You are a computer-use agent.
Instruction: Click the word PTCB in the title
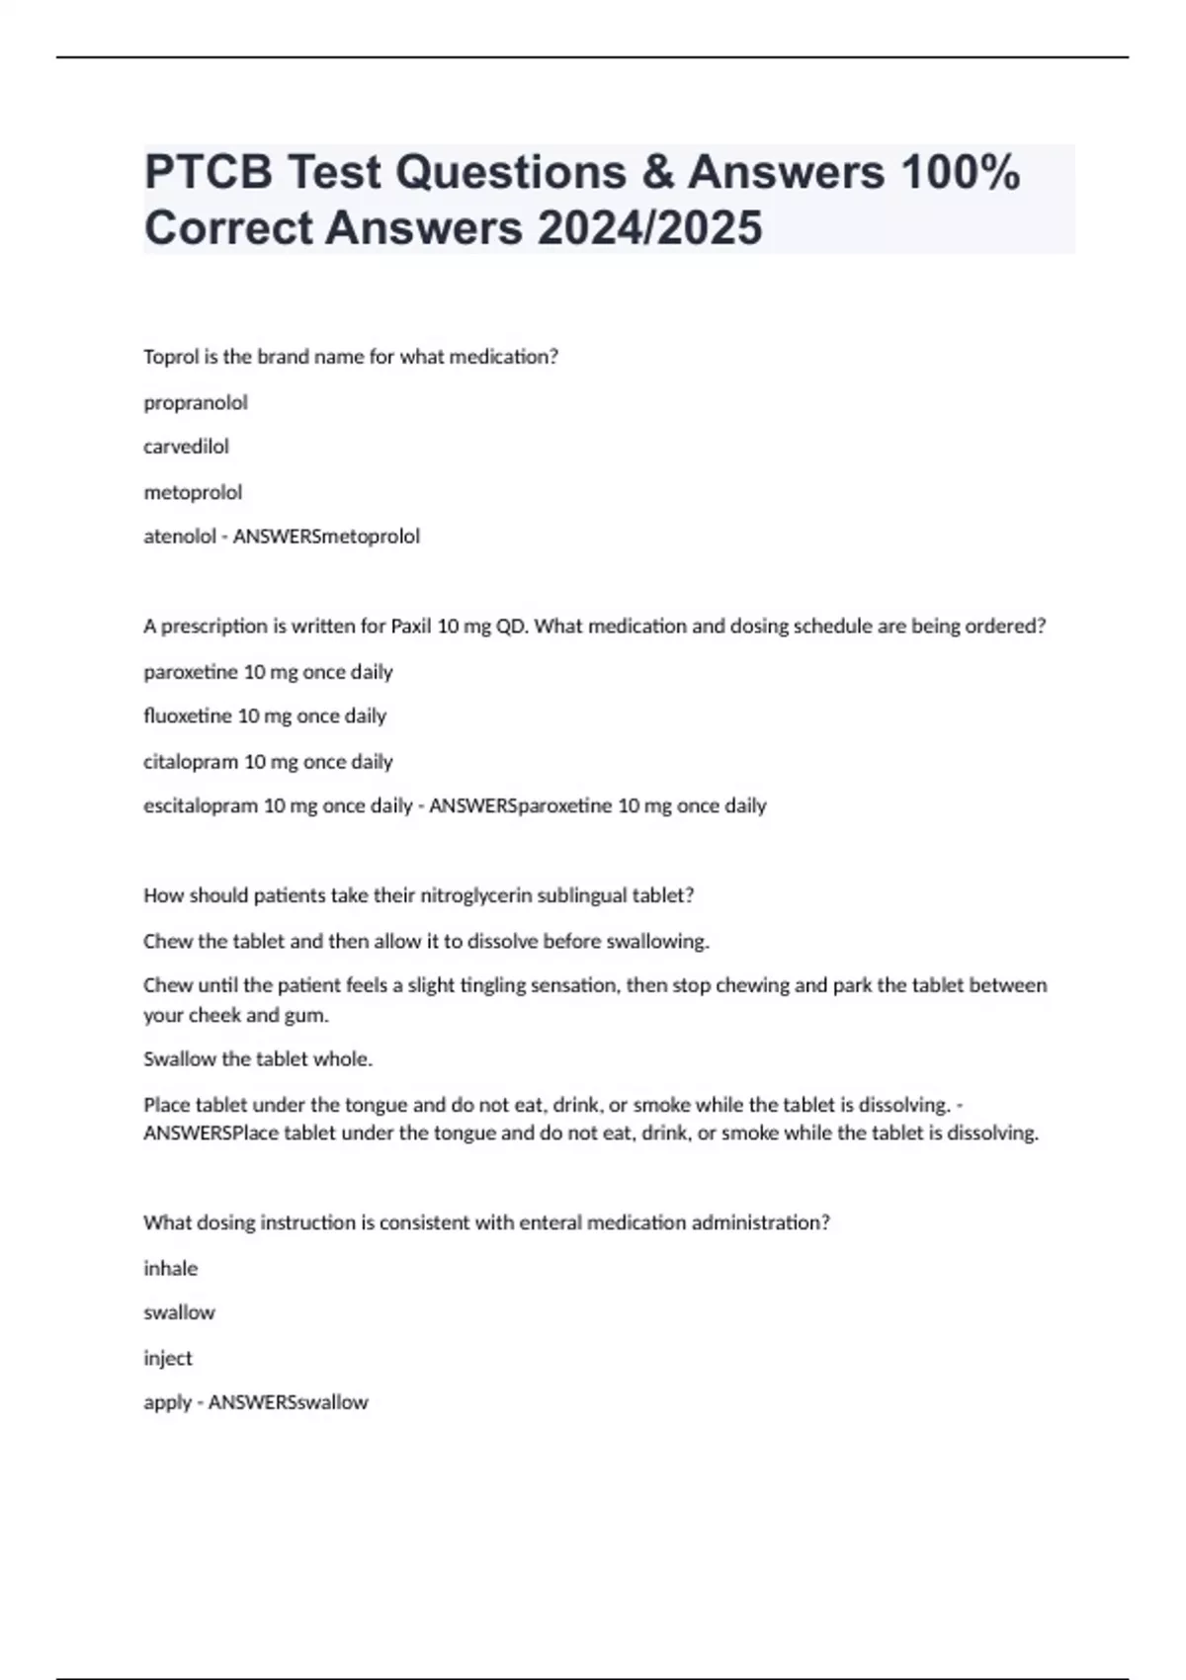coord(207,172)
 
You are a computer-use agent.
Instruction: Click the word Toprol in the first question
coord(171,357)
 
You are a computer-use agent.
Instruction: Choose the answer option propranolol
coord(196,403)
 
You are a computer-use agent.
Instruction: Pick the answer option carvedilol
coord(186,447)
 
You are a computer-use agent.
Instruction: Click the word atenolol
coord(179,537)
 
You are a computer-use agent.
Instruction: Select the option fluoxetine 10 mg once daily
coord(265,716)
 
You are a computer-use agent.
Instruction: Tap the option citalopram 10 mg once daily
coord(268,762)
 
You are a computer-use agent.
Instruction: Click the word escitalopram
coord(201,806)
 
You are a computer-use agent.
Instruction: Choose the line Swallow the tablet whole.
coord(258,1059)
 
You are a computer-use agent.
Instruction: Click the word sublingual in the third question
coord(582,896)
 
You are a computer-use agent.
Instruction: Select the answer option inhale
coord(171,1269)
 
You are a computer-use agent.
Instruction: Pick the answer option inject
coord(168,1359)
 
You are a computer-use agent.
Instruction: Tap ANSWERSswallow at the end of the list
coord(288,1403)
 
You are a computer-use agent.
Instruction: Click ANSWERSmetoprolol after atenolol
coord(326,537)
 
